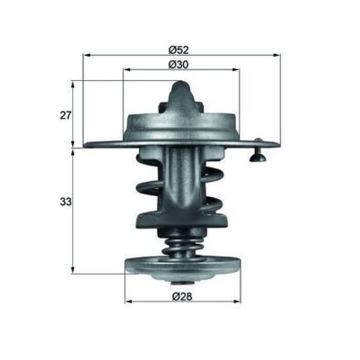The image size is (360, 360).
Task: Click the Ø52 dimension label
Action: point(179,50)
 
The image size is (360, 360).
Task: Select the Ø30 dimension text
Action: point(179,65)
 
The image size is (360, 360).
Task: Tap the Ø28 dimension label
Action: point(182,297)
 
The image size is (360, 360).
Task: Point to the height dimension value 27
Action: point(65,115)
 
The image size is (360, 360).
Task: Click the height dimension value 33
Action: point(65,202)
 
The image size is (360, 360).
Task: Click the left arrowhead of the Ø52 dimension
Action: point(86,55)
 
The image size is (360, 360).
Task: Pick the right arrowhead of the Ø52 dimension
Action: point(276,55)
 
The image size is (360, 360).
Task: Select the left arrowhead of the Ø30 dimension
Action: point(127,69)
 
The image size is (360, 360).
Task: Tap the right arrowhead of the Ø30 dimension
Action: point(236,69)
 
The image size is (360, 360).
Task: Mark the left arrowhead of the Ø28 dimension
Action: point(129,302)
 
